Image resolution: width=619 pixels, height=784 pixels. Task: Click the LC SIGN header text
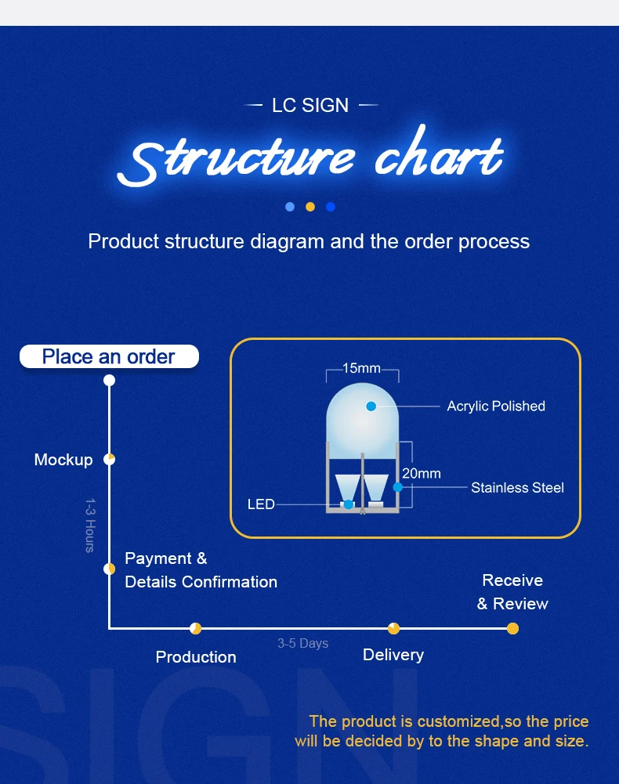(310, 105)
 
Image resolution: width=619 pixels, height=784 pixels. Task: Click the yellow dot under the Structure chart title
(310, 207)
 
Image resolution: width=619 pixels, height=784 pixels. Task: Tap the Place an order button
(109, 357)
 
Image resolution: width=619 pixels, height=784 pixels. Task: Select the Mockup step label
(63, 460)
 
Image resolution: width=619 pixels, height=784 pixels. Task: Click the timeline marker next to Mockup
(110, 459)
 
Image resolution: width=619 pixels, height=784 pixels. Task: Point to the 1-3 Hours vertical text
(90, 525)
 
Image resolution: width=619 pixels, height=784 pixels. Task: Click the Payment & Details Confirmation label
(201, 570)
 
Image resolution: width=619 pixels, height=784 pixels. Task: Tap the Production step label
(196, 657)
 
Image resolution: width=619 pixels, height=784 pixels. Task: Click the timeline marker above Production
(196, 628)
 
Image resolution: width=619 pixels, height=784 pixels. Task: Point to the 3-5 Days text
(302, 644)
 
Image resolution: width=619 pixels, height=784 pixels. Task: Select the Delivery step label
(393, 655)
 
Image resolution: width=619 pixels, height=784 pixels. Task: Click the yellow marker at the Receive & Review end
(512, 628)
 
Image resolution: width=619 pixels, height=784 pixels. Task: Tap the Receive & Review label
(512, 592)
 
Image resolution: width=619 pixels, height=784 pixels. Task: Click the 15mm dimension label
(361, 368)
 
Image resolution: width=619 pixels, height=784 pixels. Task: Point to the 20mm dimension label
(422, 474)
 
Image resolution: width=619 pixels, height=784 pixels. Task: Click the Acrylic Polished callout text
(496, 406)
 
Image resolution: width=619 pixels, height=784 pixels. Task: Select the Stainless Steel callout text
(517, 487)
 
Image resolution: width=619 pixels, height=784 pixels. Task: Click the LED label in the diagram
(261, 504)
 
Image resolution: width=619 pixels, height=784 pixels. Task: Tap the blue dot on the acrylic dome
(371, 406)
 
